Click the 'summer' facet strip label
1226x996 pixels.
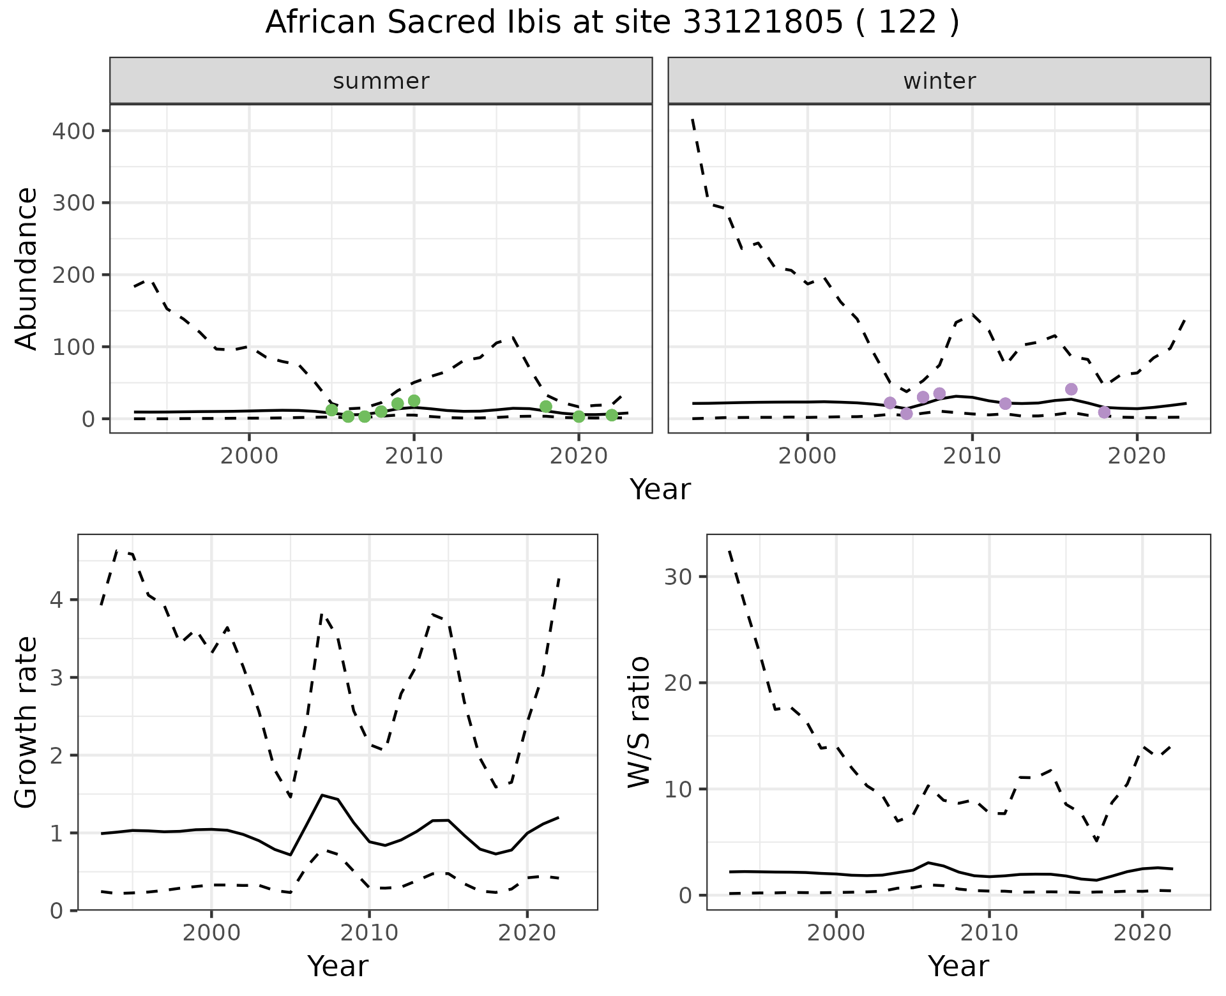pyautogui.click(x=381, y=81)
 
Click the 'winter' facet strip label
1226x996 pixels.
pyautogui.click(x=939, y=81)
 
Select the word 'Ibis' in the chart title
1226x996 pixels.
pyautogui.click(x=527, y=23)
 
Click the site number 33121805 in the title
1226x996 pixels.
pyautogui.click(x=762, y=23)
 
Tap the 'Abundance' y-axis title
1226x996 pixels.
pyautogui.click(x=26, y=268)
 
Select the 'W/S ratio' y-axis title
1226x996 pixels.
pyautogui.click(x=639, y=721)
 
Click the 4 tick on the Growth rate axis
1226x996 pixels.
pyautogui.click(x=57, y=600)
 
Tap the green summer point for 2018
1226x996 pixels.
pyautogui.click(x=546, y=407)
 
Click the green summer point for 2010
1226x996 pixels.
pyautogui.click(x=414, y=401)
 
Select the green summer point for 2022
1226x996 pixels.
pyautogui.click(x=612, y=415)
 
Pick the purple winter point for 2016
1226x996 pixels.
pyautogui.click(x=1071, y=389)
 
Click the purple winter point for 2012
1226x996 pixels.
pyautogui.click(x=1006, y=404)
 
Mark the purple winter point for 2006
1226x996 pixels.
pyautogui.click(x=907, y=414)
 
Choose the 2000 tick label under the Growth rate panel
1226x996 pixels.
pyautogui.click(x=211, y=933)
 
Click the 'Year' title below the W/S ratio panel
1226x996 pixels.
pyautogui.click(x=958, y=966)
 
